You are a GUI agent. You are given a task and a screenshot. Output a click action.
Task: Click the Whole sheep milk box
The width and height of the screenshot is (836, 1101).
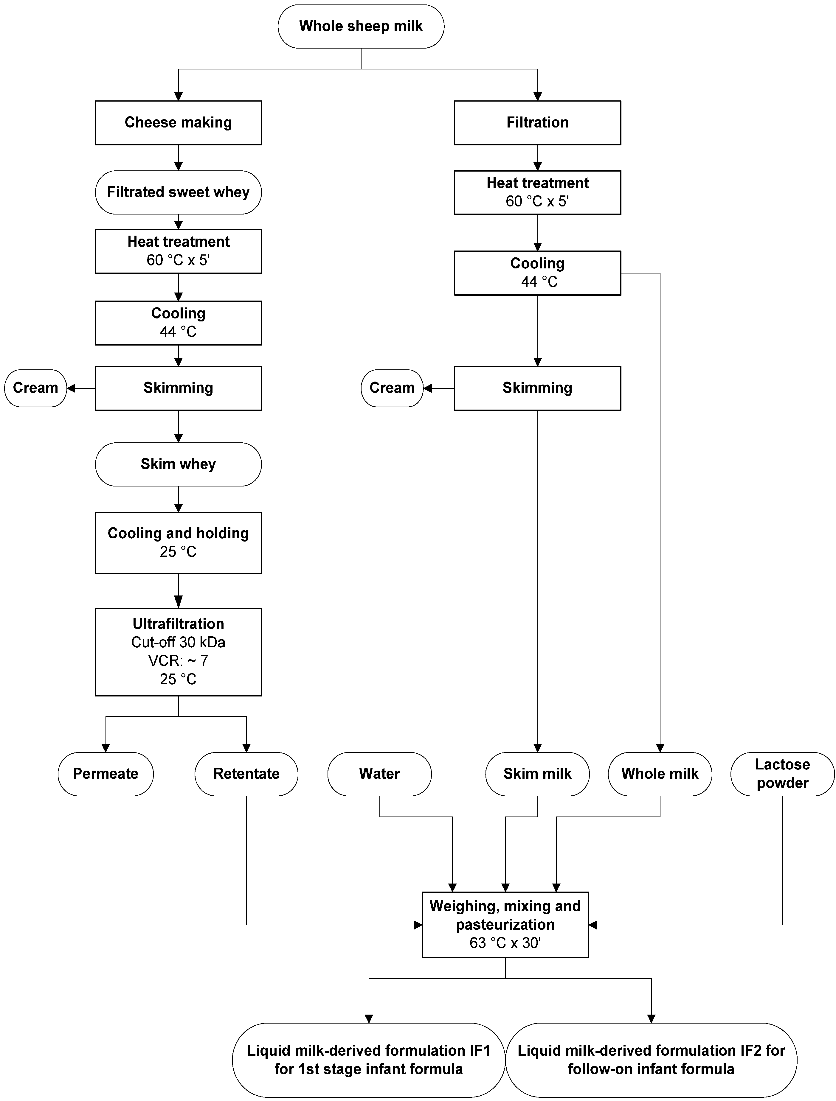(x=361, y=27)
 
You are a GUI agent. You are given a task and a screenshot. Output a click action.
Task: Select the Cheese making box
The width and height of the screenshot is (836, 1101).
(x=178, y=122)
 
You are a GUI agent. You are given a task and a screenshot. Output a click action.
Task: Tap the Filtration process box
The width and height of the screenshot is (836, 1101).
(x=537, y=122)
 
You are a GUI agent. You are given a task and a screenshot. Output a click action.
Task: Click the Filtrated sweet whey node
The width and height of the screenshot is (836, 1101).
(x=178, y=192)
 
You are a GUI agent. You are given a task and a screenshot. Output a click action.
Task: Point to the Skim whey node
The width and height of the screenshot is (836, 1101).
(x=178, y=464)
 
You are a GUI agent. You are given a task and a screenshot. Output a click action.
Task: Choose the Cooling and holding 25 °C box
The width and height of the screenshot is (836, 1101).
(x=178, y=542)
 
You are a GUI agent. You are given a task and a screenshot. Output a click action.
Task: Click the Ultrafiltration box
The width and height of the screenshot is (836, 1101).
(x=178, y=651)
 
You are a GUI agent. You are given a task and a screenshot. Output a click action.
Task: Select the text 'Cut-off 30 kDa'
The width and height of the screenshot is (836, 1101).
(x=178, y=642)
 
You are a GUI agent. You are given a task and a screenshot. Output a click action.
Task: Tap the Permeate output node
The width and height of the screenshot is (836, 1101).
(x=106, y=774)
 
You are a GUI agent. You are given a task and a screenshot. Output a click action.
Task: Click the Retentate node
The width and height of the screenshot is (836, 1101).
(x=246, y=774)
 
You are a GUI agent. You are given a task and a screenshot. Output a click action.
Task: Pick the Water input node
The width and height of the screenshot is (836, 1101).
(x=379, y=774)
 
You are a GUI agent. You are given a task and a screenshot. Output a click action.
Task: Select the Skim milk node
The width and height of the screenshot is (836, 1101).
(x=537, y=774)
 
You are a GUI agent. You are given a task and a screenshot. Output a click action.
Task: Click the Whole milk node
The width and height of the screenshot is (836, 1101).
(x=660, y=774)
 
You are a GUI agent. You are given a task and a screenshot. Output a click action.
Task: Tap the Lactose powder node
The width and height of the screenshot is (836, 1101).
(x=782, y=774)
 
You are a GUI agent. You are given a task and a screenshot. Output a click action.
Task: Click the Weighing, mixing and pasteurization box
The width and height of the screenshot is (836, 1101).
(x=505, y=924)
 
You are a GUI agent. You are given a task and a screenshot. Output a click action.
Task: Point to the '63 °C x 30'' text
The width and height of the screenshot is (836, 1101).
(x=505, y=943)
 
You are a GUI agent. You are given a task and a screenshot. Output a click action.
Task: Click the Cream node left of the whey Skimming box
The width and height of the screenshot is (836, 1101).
(x=35, y=388)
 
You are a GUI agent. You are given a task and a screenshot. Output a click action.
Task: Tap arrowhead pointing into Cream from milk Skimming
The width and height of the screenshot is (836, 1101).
(x=427, y=388)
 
